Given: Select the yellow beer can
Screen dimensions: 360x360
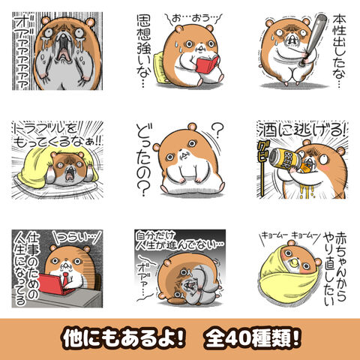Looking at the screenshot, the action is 285,159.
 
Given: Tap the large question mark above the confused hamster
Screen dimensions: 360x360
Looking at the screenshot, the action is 217,130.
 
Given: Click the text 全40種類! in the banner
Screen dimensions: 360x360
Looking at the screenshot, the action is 252,339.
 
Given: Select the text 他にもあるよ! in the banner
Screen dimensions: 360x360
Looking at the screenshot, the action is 124,339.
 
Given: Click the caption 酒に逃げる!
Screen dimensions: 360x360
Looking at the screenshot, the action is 302,130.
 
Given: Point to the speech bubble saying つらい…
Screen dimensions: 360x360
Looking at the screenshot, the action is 78,238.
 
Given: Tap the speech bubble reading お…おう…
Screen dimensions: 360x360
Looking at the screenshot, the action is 193,19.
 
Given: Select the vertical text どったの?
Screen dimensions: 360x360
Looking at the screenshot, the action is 143,160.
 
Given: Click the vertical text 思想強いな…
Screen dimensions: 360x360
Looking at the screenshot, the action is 144,51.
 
